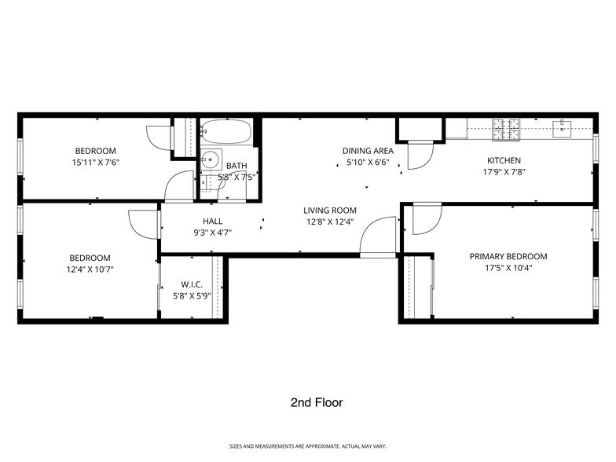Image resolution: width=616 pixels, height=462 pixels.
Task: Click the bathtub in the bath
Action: pos(225,131)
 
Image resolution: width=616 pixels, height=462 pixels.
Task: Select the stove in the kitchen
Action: pos(507,130)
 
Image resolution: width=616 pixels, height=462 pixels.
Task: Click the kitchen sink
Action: pos(563,127)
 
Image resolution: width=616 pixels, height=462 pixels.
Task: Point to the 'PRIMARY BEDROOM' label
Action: pos(508,256)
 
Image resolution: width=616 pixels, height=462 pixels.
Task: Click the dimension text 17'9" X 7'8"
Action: pos(504,172)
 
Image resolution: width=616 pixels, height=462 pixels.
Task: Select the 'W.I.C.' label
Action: pos(192,284)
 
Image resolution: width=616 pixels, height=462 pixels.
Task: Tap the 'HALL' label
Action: pos(213,221)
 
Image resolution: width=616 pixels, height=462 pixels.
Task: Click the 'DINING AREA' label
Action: pos(367,150)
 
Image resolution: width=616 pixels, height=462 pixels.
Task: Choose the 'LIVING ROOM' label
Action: pos(330,210)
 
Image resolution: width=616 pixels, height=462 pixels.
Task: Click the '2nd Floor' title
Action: pos(316,402)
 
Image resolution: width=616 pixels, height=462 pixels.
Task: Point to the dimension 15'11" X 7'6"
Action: pos(96,163)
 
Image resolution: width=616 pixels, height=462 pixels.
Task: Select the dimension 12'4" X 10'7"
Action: pos(90,269)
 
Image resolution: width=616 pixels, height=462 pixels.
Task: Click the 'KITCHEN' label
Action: pos(504,160)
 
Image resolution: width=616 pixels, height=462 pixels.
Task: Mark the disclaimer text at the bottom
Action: pos(307,446)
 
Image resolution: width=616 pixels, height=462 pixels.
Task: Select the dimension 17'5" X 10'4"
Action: pos(508,269)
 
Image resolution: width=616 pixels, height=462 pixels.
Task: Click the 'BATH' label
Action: pos(236,166)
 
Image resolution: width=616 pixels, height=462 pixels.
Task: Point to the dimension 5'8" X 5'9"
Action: pos(192,296)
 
